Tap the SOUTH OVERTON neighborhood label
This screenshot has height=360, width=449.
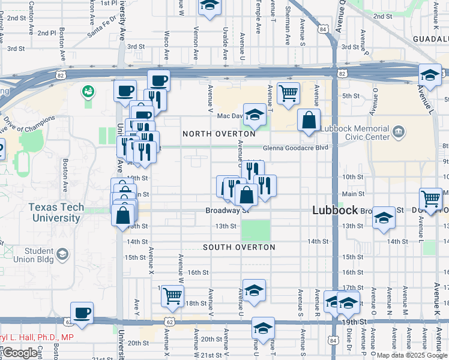[x=239, y=247]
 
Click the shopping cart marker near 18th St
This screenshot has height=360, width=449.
[x=172, y=295]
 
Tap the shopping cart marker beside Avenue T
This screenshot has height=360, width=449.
[x=288, y=93]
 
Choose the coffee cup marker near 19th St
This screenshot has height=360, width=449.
[x=82, y=312]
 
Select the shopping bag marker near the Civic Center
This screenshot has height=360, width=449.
[x=309, y=119]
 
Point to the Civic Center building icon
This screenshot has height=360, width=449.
[x=397, y=131]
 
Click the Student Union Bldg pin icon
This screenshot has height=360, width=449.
[x=62, y=255]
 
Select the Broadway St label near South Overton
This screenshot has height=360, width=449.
[x=228, y=211]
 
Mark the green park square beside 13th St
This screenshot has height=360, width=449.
[x=255, y=230]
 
